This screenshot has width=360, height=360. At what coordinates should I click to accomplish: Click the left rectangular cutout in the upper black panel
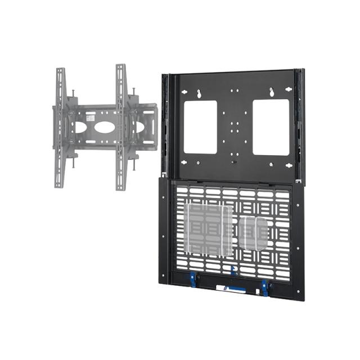coord(200,127)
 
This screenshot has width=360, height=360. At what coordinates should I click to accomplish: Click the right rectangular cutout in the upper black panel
coord(271,127)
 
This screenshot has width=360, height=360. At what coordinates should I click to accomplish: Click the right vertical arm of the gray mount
coord(121,127)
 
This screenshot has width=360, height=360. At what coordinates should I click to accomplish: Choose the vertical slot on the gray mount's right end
coord(148,127)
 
